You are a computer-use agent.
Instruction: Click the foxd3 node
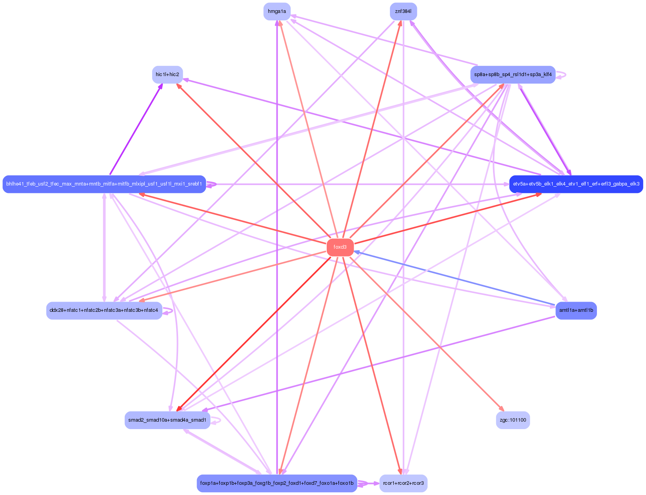pyautogui.click(x=340, y=247)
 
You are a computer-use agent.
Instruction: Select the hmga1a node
pyautogui.click(x=277, y=11)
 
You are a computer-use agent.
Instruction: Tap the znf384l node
pyautogui.click(x=403, y=11)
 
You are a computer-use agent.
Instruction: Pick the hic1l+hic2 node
pyautogui.click(x=167, y=75)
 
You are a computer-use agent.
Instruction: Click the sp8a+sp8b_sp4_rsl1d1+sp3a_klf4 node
pyautogui.click(x=513, y=75)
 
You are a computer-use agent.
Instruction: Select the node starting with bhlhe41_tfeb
pyautogui.click(x=104, y=184)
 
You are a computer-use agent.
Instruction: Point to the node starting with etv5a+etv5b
pyautogui.click(x=576, y=184)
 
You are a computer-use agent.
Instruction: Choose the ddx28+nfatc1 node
pyautogui.click(x=104, y=310)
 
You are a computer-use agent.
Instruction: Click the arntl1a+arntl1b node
pyautogui.click(x=576, y=310)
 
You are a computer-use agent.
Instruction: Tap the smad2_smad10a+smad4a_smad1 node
pyautogui.click(x=167, y=420)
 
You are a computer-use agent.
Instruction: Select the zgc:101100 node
pyautogui.click(x=513, y=420)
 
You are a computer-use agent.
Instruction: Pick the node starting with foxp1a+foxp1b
pyautogui.click(x=277, y=483)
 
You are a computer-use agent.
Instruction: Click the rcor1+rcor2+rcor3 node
pyautogui.click(x=403, y=483)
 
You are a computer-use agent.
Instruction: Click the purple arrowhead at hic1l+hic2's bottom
pyautogui.click(x=161, y=86)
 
